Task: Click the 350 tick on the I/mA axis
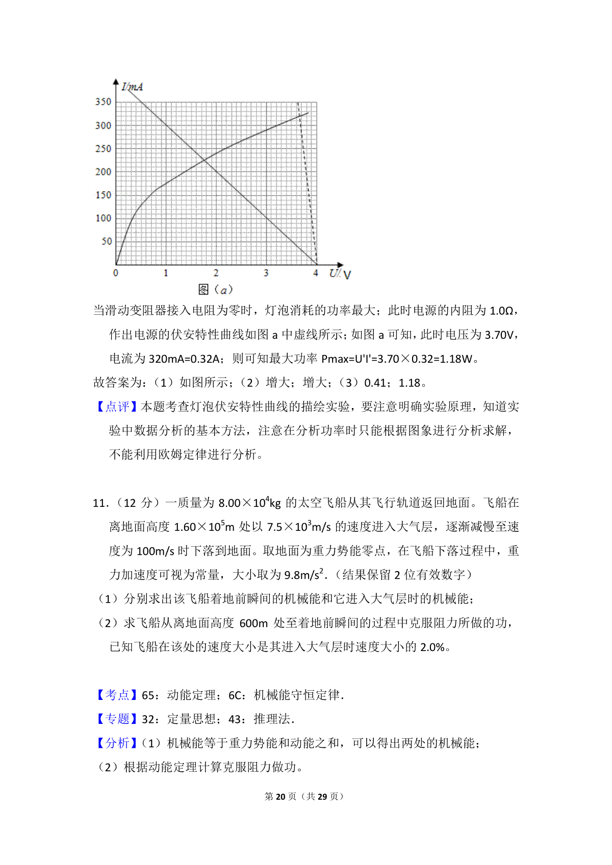[103, 102]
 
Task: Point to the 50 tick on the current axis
[106, 241]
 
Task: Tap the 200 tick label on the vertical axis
[103, 172]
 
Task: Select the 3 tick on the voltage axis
[266, 273]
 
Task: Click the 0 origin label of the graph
[116, 273]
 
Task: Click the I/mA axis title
[132, 87]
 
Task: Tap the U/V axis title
[340, 274]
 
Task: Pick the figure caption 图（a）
[215, 290]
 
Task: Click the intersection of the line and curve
[204, 160]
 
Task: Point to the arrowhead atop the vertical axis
[116, 82]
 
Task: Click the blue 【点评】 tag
[117, 407]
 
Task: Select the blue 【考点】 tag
[117, 695]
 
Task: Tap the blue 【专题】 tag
[117, 719]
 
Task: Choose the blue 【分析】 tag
[117, 743]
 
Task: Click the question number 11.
[99, 503]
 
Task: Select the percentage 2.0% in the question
[432, 647]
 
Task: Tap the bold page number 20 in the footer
[280, 796]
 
